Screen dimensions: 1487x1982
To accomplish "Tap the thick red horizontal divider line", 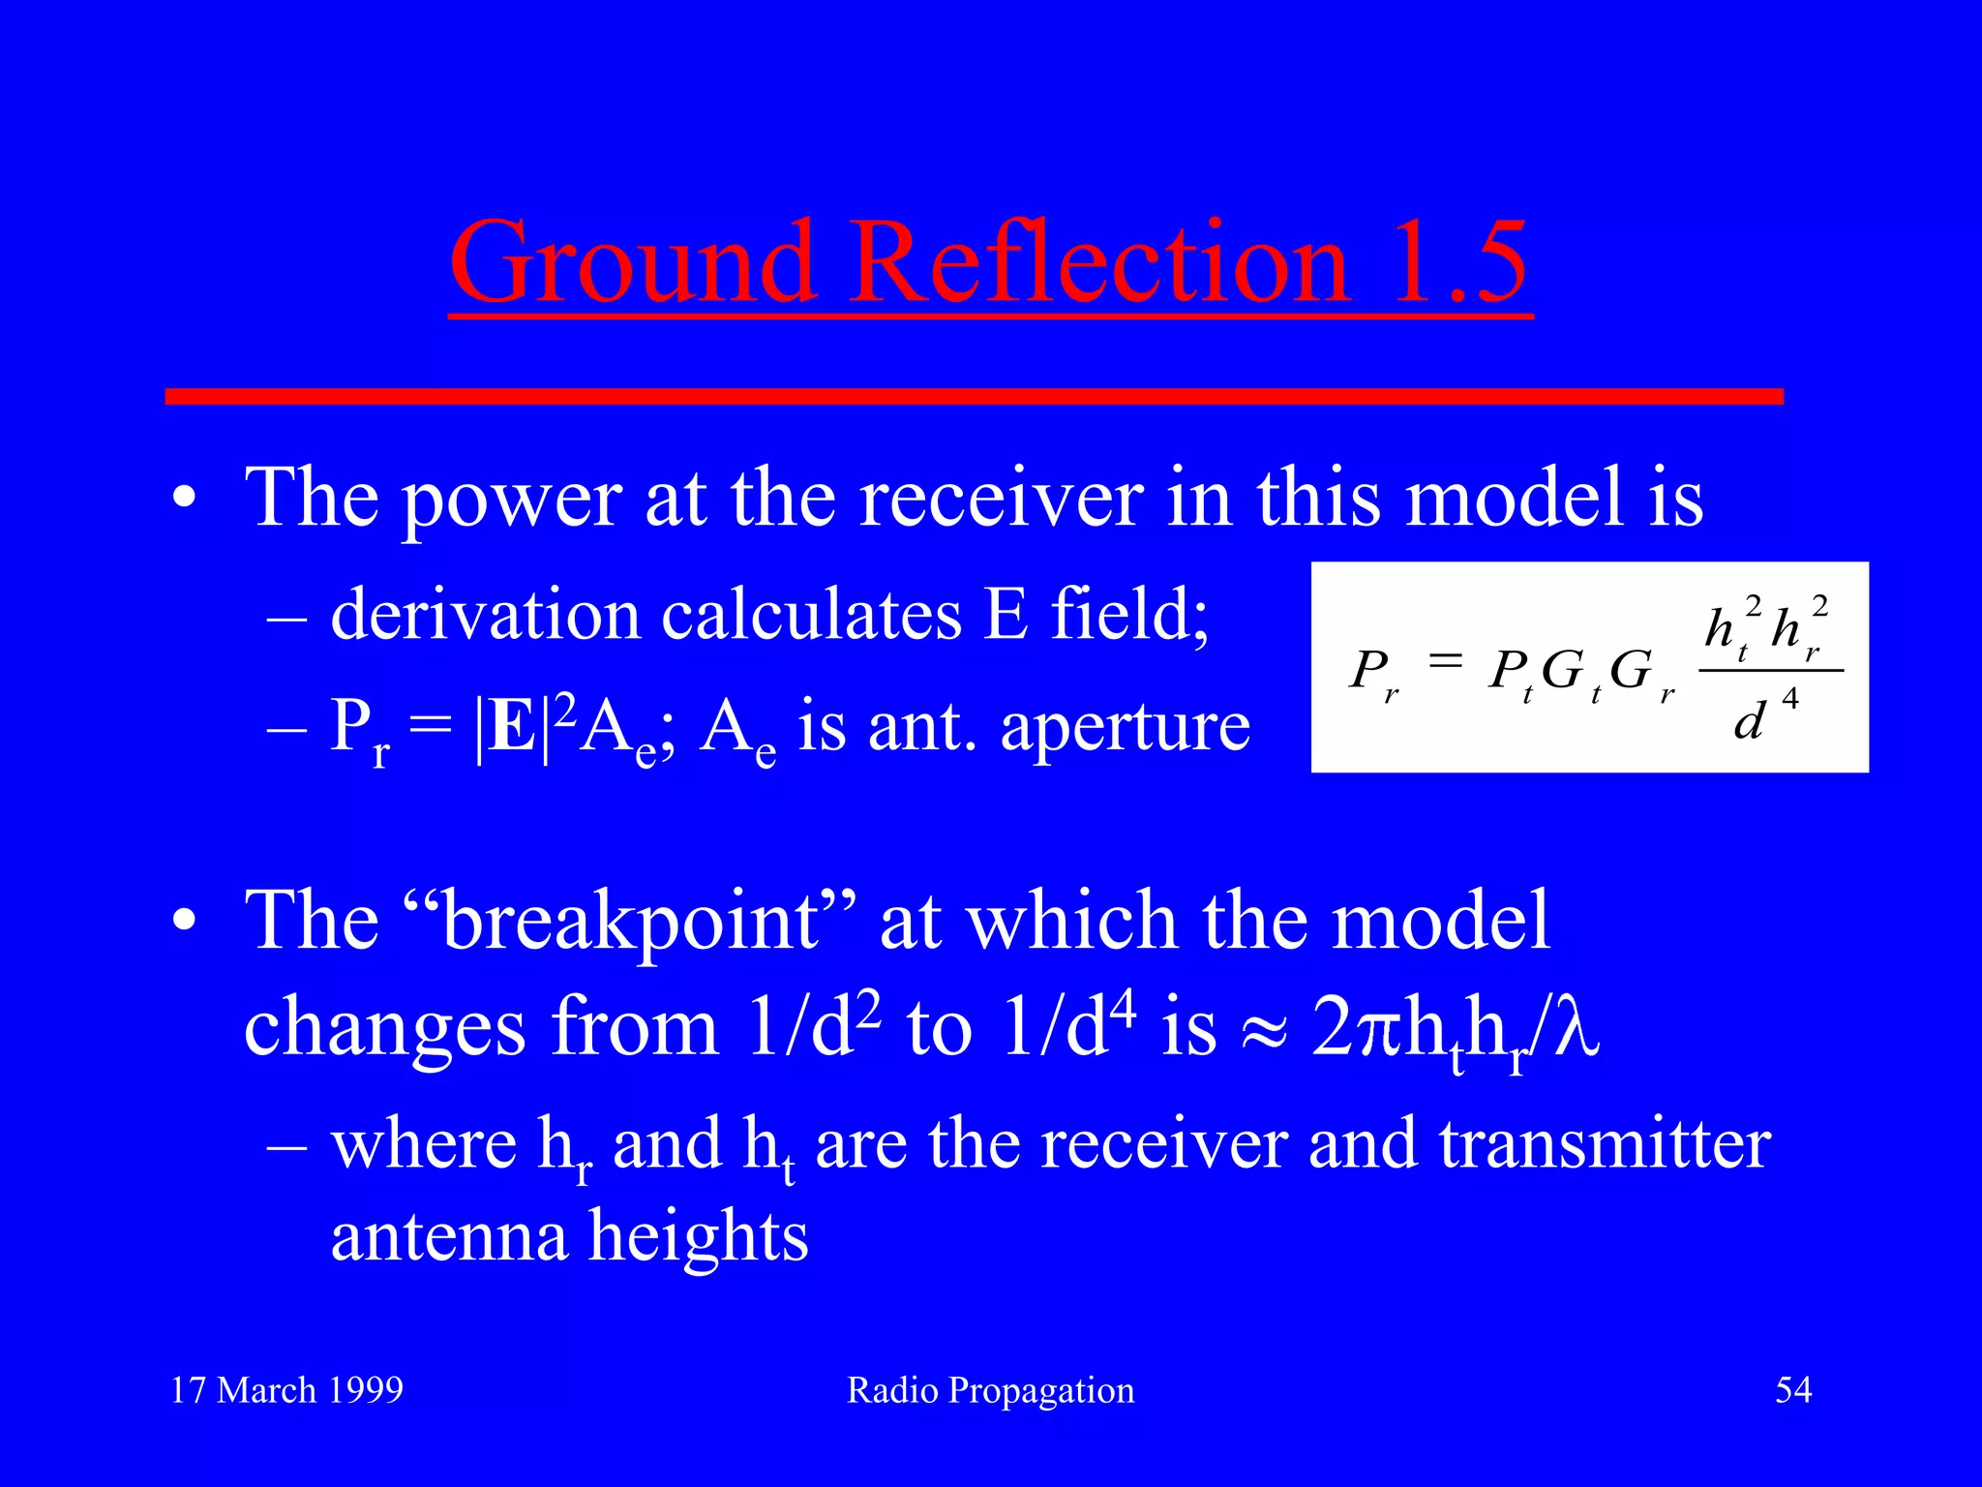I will point(974,396).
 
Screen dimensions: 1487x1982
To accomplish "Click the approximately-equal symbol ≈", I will point(1263,1028).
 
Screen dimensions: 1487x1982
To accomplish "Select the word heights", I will point(698,1237).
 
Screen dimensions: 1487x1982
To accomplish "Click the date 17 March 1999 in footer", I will point(286,1390).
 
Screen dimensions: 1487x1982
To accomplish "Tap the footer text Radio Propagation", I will point(990,1390).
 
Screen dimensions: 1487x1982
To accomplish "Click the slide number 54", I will point(1792,1390).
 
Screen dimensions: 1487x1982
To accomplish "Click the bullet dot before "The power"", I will point(184,500).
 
